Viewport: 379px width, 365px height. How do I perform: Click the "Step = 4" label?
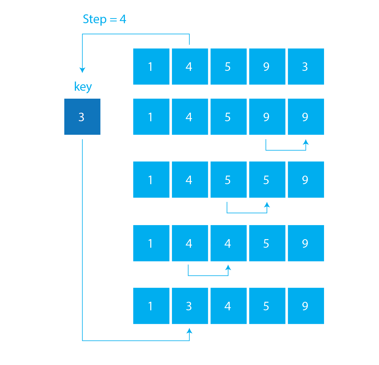click(x=104, y=19)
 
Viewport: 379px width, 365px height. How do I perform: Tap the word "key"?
click(x=83, y=87)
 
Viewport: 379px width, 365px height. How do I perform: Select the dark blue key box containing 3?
click(x=82, y=117)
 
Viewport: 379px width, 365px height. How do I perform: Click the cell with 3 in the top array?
click(x=306, y=66)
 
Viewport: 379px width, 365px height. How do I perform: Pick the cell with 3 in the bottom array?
click(x=190, y=306)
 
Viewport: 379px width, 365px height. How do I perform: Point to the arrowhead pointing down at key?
click(x=82, y=70)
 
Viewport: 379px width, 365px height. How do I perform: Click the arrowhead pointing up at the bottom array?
click(x=189, y=331)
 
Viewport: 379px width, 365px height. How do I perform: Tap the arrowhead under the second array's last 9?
click(x=306, y=142)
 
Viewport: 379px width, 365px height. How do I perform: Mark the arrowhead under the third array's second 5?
click(x=267, y=205)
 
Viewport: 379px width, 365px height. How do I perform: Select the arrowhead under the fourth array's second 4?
click(x=228, y=268)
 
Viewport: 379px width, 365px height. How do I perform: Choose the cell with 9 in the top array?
click(x=267, y=66)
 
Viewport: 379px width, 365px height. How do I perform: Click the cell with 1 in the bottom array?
click(x=151, y=306)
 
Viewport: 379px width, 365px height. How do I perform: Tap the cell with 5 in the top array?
click(x=228, y=66)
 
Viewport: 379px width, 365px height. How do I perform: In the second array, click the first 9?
click(x=267, y=117)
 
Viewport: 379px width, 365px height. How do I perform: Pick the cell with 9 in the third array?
click(x=306, y=180)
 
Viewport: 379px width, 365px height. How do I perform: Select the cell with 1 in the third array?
click(x=151, y=180)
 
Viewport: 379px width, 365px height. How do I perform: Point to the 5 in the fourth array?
click(x=267, y=243)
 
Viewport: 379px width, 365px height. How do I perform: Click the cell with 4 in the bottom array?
click(x=228, y=306)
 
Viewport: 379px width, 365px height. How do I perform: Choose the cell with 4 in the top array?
click(x=190, y=66)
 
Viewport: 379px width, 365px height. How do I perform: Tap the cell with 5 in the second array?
click(x=228, y=117)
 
